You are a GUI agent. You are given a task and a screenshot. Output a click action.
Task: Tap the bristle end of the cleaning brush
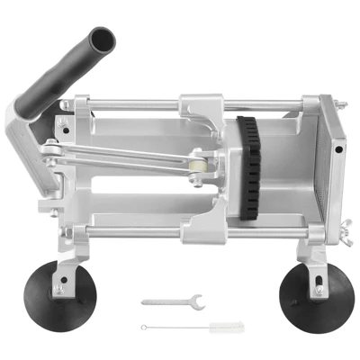click(x=215, y=325)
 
